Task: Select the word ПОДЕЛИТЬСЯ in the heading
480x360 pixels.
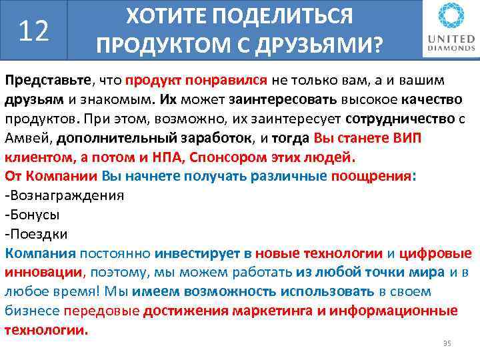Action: (x=291, y=17)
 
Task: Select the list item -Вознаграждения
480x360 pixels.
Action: (x=64, y=196)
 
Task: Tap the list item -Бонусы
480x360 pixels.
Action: (x=32, y=215)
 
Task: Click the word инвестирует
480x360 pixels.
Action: (x=196, y=254)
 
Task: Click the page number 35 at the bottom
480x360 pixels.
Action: (x=447, y=343)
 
